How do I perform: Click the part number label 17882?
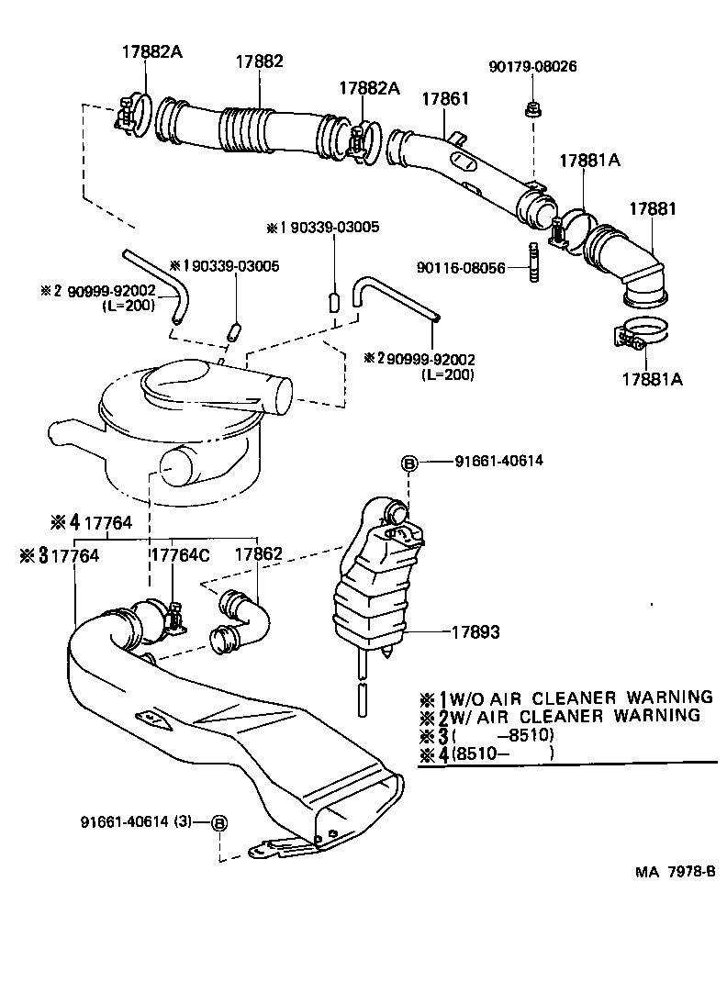pyautogui.click(x=259, y=62)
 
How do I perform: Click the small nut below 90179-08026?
pyautogui.click(x=532, y=111)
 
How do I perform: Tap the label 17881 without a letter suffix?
pyautogui.click(x=652, y=209)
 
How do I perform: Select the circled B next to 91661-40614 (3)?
pyautogui.click(x=219, y=822)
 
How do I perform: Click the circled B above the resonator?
pyautogui.click(x=409, y=463)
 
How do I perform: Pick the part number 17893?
pyautogui.click(x=475, y=631)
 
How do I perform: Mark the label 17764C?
pyautogui.click(x=180, y=555)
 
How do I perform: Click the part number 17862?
pyautogui.click(x=258, y=555)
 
